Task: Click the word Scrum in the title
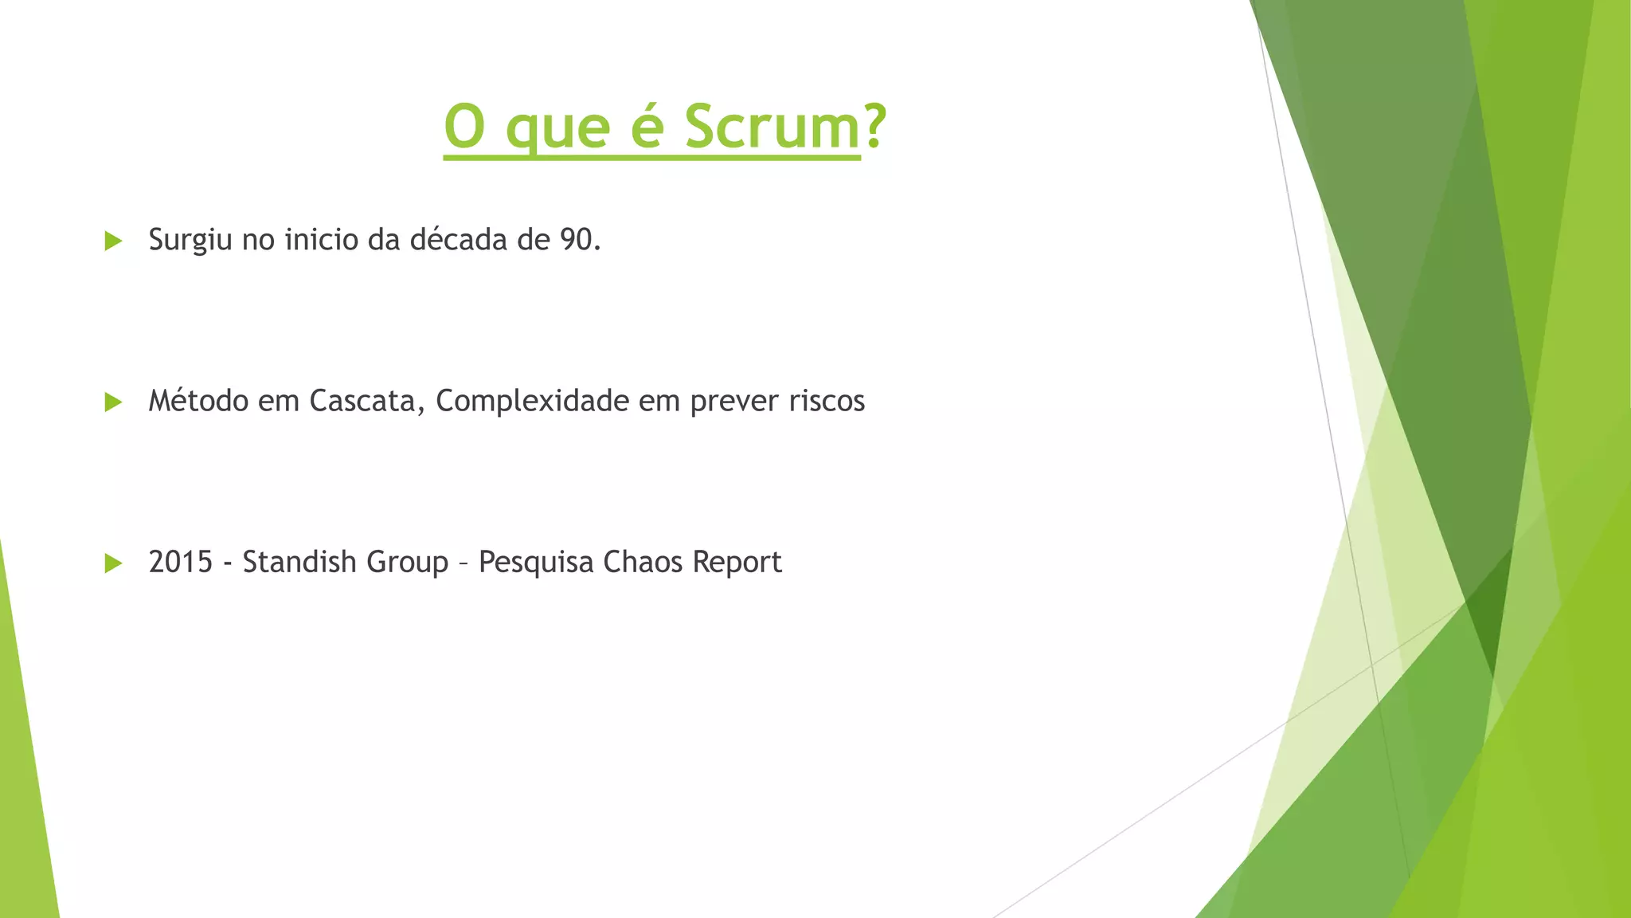pos(772,127)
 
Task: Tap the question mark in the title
pos(874,127)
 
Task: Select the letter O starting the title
pos(464,127)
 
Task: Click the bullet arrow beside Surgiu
pos(113,241)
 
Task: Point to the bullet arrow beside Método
pos(113,402)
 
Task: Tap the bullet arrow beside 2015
pos(113,563)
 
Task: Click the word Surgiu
pos(190,241)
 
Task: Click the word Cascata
pos(362,401)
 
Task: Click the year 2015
pos(181,563)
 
